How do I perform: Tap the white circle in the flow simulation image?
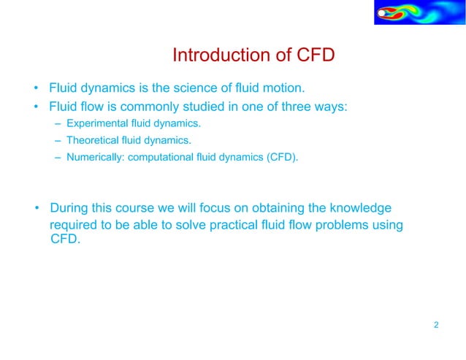tap(381, 12)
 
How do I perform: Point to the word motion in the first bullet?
tap(282, 89)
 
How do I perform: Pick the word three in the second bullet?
tap(301, 107)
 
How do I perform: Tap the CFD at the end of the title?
tap(315, 55)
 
